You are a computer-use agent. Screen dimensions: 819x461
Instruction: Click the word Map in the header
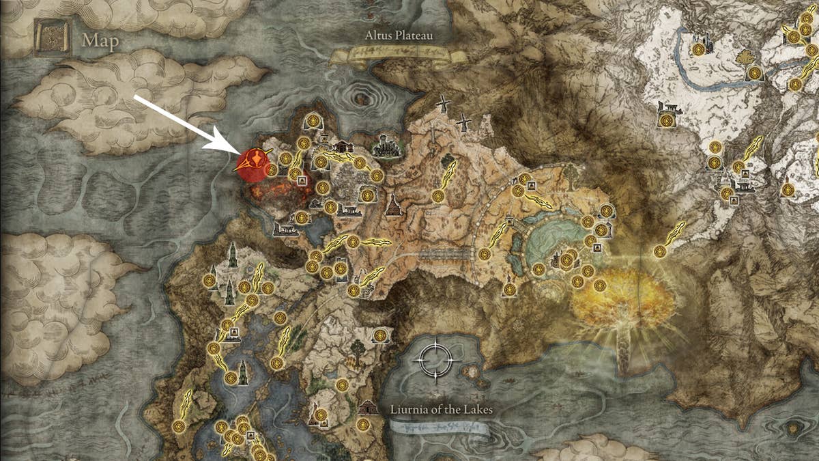100,41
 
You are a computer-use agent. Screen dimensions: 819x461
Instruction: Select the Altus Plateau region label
399,36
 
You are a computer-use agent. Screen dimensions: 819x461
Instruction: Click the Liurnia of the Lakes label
442,410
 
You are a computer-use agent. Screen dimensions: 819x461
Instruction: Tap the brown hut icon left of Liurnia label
368,407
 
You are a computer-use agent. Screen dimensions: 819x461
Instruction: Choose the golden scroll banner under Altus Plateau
389,55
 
